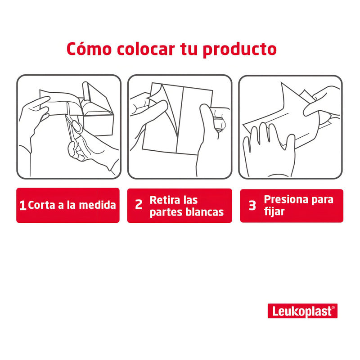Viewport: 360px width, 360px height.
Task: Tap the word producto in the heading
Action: point(239,49)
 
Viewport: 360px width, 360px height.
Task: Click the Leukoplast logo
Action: point(302,311)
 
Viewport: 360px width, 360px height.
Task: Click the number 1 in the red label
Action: point(22,206)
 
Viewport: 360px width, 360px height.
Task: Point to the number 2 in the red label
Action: point(139,205)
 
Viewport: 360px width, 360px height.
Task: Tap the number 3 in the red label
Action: point(252,205)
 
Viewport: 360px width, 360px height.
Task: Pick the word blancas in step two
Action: point(204,212)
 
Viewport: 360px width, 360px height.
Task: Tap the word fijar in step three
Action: point(274,211)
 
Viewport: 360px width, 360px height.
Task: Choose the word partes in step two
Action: point(166,212)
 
